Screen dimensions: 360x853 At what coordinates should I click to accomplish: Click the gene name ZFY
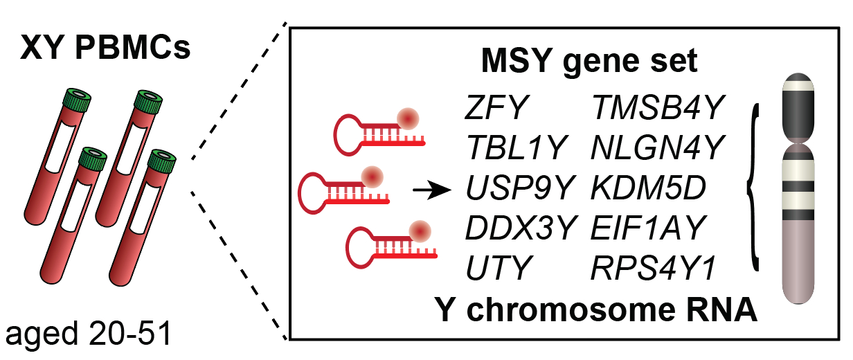(x=496, y=108)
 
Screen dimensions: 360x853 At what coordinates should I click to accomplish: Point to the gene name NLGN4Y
(x=657, y=147)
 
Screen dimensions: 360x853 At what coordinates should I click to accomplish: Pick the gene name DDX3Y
(x=519, y=227)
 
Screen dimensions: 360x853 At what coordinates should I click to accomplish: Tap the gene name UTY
(x=497, y=267)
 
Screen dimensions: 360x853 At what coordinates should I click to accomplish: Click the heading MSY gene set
(x=590, y=63)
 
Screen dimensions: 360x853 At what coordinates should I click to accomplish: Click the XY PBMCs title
(x=105, y=49)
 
